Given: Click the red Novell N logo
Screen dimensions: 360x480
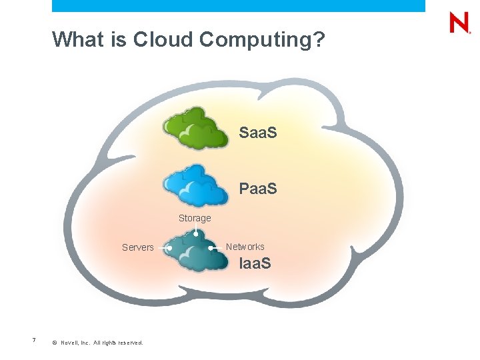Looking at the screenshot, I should (459, 23).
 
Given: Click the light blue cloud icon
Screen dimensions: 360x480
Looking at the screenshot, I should (195, 185).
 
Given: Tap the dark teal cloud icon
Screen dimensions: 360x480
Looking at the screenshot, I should (195, 251).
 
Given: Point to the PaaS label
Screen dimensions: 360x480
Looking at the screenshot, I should (258, 189).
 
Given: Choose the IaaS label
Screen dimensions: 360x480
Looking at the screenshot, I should (255, 263).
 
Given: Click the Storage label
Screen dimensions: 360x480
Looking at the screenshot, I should (195, 218).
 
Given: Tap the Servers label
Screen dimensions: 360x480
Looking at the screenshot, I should (138, 247).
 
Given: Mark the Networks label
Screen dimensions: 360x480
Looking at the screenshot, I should (245, 247).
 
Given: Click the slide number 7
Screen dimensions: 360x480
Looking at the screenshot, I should (34, 341).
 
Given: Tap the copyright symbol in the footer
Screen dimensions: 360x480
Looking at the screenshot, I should (53, 343).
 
